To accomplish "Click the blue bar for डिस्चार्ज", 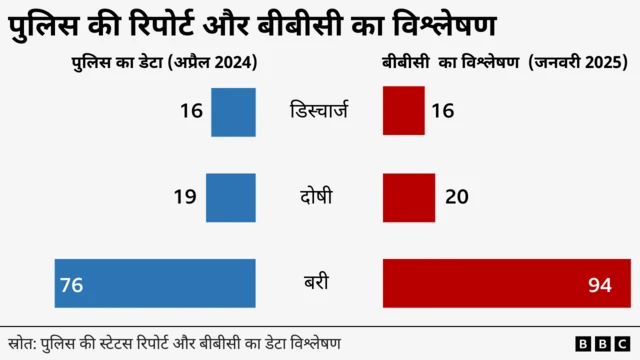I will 234,112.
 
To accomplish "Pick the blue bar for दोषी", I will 231,197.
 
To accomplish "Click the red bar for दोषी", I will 409,197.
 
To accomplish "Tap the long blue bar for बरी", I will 156,284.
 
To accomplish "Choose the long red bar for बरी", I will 506,284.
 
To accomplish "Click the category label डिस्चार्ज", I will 318,111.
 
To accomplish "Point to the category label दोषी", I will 318,197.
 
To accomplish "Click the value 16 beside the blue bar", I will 192,111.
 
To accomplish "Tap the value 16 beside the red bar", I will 442,111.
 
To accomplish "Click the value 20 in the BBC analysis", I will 457,197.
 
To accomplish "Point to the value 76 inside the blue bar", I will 71,286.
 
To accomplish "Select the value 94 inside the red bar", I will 599,286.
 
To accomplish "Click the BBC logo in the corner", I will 598,344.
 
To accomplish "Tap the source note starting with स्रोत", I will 175,344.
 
